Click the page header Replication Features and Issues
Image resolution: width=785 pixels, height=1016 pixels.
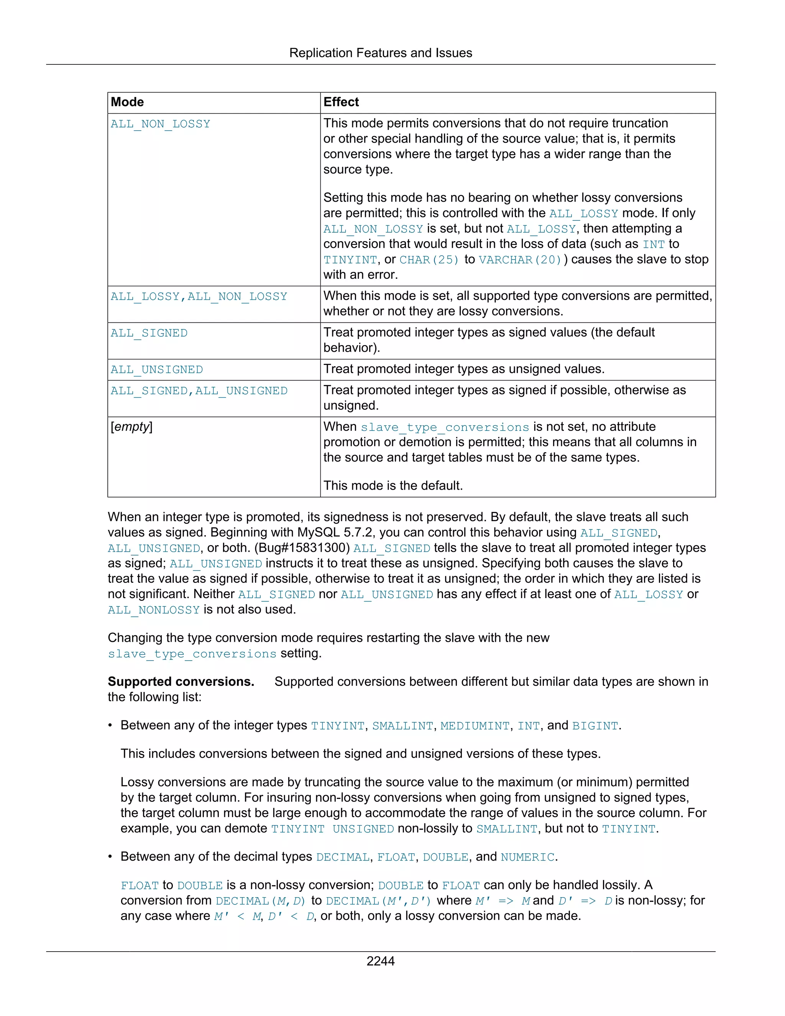[380, 53]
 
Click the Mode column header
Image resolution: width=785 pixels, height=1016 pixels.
[127, 102]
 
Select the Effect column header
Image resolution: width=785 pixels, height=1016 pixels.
[341, 102]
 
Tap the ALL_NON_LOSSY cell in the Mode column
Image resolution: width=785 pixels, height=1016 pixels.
[161, 124]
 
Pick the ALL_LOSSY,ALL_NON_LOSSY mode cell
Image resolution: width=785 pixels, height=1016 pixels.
[199, 297]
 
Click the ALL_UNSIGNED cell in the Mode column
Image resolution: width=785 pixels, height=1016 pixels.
[157, 370]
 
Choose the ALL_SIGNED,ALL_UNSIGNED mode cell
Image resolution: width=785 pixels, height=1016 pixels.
[199, 391]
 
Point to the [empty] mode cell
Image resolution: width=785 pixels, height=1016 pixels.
[131, 427]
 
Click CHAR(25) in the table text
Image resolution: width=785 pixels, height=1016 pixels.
[429, 260]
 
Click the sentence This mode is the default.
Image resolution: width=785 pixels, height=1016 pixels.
[393, 486]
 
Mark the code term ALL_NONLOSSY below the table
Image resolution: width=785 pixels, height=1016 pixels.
[153, 610]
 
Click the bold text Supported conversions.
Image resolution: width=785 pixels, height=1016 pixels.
[181, 682]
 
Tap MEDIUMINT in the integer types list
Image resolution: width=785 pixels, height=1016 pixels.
[475, 726]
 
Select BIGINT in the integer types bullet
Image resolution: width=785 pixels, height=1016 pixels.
[595, 726]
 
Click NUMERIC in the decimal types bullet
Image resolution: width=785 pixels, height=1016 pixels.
[527, 857]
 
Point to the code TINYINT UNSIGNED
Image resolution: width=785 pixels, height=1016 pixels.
[332, 829]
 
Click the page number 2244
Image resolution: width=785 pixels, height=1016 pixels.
[380, 961]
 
